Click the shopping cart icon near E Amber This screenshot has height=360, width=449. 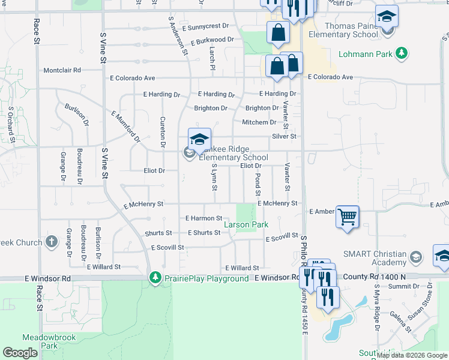(348, 217)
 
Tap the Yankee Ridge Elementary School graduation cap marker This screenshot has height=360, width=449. (199, 140)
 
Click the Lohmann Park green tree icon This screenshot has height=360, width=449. (402, 54)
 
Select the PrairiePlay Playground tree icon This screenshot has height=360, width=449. (155, 278)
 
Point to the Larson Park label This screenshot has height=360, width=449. (246, 224)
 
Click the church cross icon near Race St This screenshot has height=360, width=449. (52, 242)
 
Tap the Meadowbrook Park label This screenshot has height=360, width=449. (49, 341)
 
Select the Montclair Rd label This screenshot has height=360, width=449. (62, 70)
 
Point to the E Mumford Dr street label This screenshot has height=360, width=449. (125, 125)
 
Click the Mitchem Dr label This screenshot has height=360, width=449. (259, 122)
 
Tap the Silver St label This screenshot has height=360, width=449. (284, 136)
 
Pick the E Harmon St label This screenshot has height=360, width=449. (203, 218)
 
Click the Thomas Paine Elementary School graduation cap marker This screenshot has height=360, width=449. (387, 16)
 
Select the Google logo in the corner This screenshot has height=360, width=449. (20, 353)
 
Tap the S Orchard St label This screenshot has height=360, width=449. (11, 124)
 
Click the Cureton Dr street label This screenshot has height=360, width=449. (163, 133)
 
